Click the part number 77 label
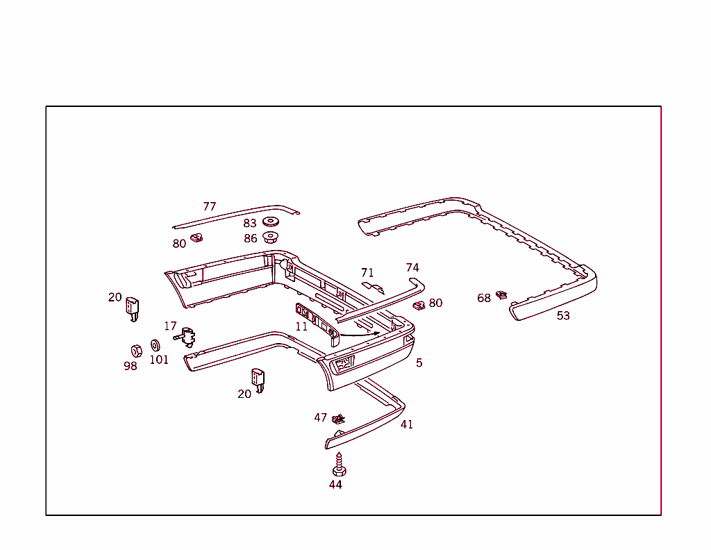210,206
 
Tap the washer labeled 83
271,222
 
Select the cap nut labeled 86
271,237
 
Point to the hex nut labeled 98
136,351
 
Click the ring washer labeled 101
155,346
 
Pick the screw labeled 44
339,465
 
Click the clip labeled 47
338,419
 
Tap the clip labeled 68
501,294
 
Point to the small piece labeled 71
373,287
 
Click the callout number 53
563,315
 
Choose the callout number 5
419,362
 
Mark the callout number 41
407,424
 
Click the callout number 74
412,267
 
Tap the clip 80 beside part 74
419,306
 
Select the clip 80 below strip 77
196,237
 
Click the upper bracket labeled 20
133,309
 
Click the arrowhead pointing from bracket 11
377,333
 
